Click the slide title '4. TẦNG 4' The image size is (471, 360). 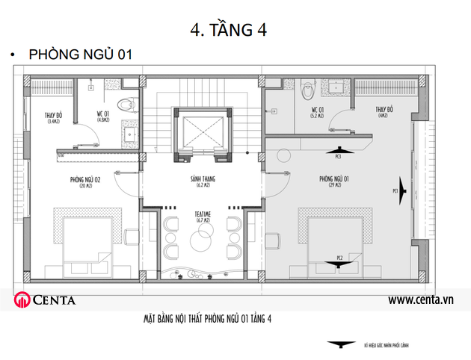click(230, 29)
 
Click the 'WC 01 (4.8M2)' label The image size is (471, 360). click(103, 116)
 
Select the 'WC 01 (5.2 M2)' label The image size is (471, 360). click(318, 113)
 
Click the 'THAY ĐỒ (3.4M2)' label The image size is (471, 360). click(53, 117)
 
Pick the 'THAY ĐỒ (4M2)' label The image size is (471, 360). click(384, 112)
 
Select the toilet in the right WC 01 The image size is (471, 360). click(307, 91)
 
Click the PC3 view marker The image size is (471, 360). click(338, 151)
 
